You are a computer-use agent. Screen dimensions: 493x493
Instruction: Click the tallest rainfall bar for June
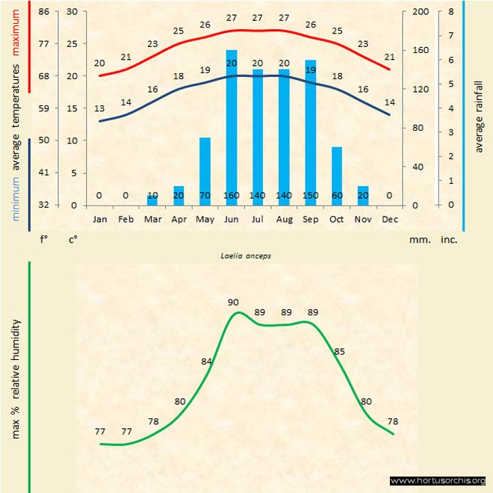(232, 127)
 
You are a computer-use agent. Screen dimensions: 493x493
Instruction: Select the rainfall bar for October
(337, 176)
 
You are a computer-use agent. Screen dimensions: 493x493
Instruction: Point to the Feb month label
(125, 220)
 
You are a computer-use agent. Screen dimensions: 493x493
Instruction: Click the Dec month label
(389, 220)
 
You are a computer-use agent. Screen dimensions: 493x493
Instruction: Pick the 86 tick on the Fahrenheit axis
(44, 12)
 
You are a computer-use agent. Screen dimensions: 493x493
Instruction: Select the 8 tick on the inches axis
(451, 12)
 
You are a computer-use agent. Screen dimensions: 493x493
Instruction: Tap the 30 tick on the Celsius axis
(72, 12)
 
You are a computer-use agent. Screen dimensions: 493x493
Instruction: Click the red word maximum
(16, 29)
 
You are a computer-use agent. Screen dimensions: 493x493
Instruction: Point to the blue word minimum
(16, 198)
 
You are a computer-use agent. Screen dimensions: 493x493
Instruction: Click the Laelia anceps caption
(246, 255)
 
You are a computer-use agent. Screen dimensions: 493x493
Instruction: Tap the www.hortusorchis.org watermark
(438, 481)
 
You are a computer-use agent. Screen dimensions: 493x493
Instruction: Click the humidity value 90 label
(234, 302)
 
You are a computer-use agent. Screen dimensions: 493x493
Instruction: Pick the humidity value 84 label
(207, 362)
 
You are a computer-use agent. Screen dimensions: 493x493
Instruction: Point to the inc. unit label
(449, 241)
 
